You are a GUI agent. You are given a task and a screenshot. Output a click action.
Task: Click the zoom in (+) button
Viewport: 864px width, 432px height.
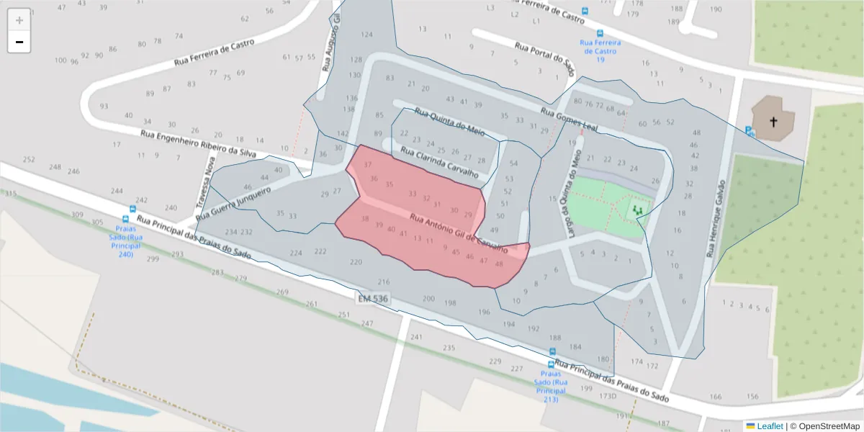point(19,19)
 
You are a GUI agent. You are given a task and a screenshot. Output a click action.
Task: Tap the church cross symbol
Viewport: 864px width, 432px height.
point(773,122)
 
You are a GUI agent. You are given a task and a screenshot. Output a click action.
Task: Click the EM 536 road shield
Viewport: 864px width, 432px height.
point(372,298)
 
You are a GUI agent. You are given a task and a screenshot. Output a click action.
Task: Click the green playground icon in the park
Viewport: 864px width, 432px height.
point(636,210)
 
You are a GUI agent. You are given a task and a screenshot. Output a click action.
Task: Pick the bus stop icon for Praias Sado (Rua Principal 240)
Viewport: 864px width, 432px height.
point(126,220)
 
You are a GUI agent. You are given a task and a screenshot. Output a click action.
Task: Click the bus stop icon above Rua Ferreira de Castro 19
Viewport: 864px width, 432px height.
point(600,33)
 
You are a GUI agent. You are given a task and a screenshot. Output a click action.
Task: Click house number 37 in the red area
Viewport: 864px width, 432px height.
point(368,165)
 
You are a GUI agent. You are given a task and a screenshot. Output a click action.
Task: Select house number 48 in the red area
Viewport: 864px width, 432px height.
point(499,264)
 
